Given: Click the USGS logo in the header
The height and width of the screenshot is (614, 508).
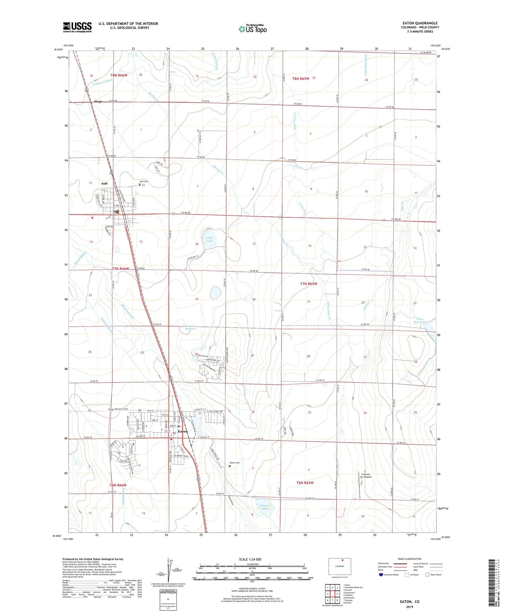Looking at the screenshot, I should pyautogui.click(x=77, y=27).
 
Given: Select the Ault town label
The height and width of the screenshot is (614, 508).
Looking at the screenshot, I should pyautogui.click(x=104, y=184).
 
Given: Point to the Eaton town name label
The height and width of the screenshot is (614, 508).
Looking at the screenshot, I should pyautogui.click(x=183, y=431).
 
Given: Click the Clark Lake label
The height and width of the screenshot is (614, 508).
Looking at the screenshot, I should pyautogui.click(x=210, y=239).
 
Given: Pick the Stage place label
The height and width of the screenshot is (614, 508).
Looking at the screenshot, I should pyautogui.click(x=98, y=102).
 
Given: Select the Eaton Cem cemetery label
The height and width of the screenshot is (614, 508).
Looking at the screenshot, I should pyautogui.click(x=234, y=463).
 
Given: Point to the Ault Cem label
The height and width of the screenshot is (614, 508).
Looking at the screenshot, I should pyautogui.click(x=144, y=181).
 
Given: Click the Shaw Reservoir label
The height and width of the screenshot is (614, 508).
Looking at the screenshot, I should pyautogui.click(x=419, y=320).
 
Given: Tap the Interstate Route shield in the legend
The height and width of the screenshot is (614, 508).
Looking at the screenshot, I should pyautogui.click(x=381, y=575).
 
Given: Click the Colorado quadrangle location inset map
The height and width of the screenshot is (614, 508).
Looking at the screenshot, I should pyautogui.click(x=339, y=567).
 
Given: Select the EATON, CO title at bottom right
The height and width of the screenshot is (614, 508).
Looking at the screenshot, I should pyautogui.click(x=409, y=602).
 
